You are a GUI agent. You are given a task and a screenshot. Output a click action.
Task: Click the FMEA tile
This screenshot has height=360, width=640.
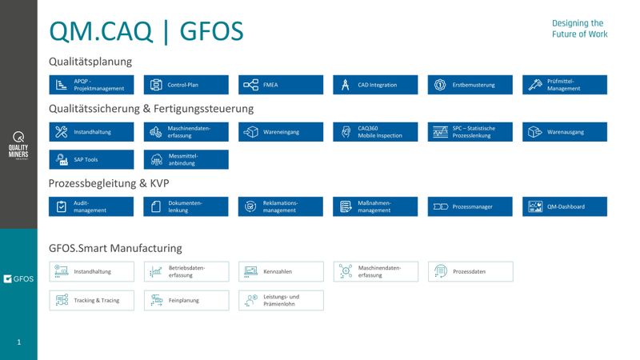pos(281,85)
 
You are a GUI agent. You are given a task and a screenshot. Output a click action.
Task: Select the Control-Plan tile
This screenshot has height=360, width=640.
pos(186,85)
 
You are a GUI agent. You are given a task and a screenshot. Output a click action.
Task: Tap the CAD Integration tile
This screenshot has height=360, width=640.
pos(375,85)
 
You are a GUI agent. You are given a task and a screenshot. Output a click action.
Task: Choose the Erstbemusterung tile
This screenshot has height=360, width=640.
pos(470,85)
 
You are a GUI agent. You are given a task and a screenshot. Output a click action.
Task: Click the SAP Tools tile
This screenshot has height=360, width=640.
pos(91,159)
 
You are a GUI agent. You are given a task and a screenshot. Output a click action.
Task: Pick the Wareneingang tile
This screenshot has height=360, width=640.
pos(281,131)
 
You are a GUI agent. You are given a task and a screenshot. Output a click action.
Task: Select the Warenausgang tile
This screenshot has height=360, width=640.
pos(565,131)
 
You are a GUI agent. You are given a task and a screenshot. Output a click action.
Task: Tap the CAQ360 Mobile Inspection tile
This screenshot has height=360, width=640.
pos(375,131)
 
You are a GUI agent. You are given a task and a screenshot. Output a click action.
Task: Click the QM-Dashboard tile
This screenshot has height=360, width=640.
pos(565,206)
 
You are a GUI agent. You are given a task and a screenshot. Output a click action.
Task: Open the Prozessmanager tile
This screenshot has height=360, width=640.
pos(470,206)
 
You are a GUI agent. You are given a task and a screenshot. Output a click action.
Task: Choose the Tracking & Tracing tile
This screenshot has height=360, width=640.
pos(91,300)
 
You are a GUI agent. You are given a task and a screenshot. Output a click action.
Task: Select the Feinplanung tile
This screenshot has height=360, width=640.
pos(186,300)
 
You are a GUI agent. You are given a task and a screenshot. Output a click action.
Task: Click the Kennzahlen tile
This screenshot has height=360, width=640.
pos(281,271)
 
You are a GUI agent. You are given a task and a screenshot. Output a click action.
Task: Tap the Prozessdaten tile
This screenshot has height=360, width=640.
pos(470,271)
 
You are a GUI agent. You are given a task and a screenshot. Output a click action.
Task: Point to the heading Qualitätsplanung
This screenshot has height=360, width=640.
pos(90,62)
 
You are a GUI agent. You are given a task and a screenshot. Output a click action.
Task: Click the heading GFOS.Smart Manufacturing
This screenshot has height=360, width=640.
pos(115,248)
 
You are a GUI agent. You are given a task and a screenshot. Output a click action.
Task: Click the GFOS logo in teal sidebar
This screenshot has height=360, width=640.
pos(18,278)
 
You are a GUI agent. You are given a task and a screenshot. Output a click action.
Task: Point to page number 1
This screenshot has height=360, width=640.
pos(19,342)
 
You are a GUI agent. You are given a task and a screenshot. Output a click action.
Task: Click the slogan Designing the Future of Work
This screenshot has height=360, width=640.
pos(579,29)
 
